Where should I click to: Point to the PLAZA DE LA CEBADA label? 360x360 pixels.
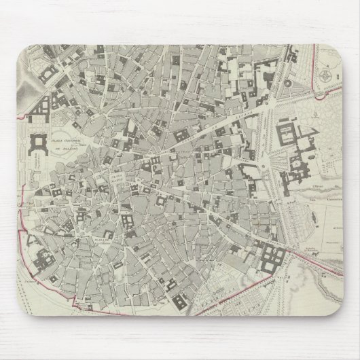point(102,242)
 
